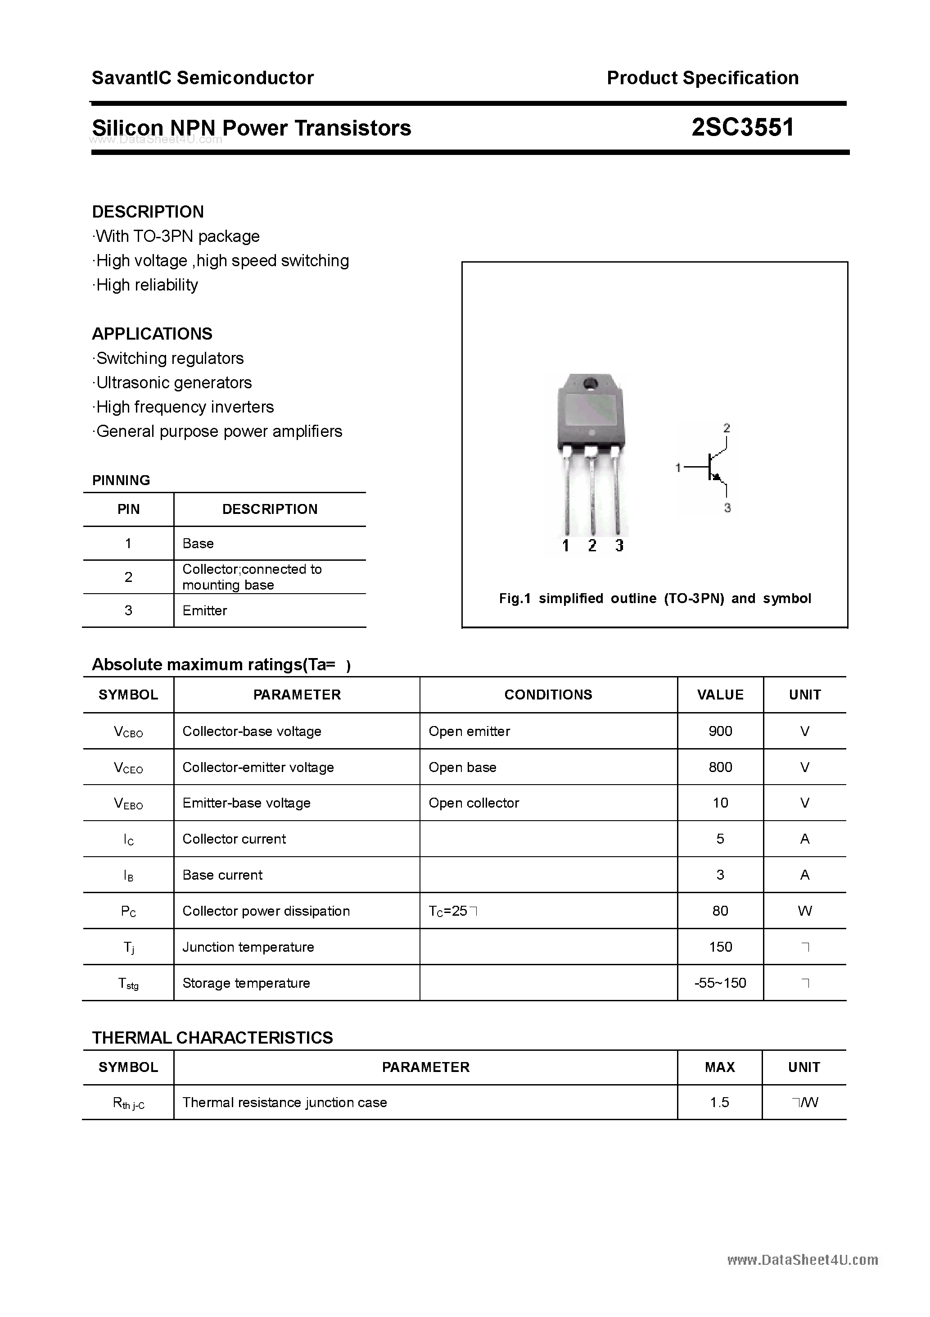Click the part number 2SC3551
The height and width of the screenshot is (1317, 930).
coord(742,127)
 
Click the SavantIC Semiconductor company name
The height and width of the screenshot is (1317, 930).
coord(203,78)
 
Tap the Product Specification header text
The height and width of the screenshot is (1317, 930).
coord(702,78)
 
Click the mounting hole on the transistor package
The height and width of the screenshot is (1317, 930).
coord(589,384)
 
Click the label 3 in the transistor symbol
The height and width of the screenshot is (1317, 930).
coord(727,508)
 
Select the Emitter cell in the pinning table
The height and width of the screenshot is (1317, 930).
coord(205,610)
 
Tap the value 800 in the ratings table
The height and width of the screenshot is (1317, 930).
coord(720,767)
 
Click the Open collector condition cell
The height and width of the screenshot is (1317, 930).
coord(474,803)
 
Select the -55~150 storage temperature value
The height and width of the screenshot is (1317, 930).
coord(720,983)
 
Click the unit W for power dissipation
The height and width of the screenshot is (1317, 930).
coord(804,911)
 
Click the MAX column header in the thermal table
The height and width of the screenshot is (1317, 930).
coord(720,1067)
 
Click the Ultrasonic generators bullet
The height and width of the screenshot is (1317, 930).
coord(174,382)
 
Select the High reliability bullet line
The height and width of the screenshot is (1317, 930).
coord(147,285)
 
